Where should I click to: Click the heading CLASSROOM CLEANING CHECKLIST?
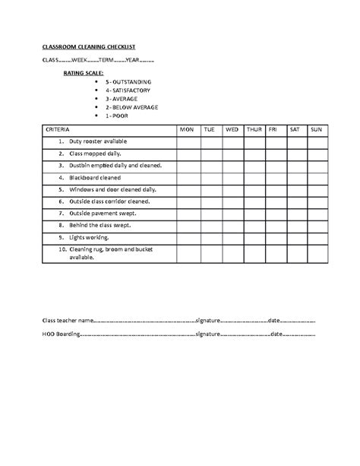[84, 46]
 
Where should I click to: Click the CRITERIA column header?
[58, 130]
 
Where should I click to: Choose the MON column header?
[187, 130]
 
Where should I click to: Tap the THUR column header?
[254, 130]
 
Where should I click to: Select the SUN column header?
[316, 130]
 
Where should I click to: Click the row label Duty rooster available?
[98, 142]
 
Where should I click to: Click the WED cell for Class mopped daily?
[232, 154]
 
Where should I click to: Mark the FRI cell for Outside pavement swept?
[273, 214]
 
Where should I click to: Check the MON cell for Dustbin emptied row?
[187, 166]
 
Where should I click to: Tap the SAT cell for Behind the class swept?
[295, 226]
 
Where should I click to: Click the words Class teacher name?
[68, 320]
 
